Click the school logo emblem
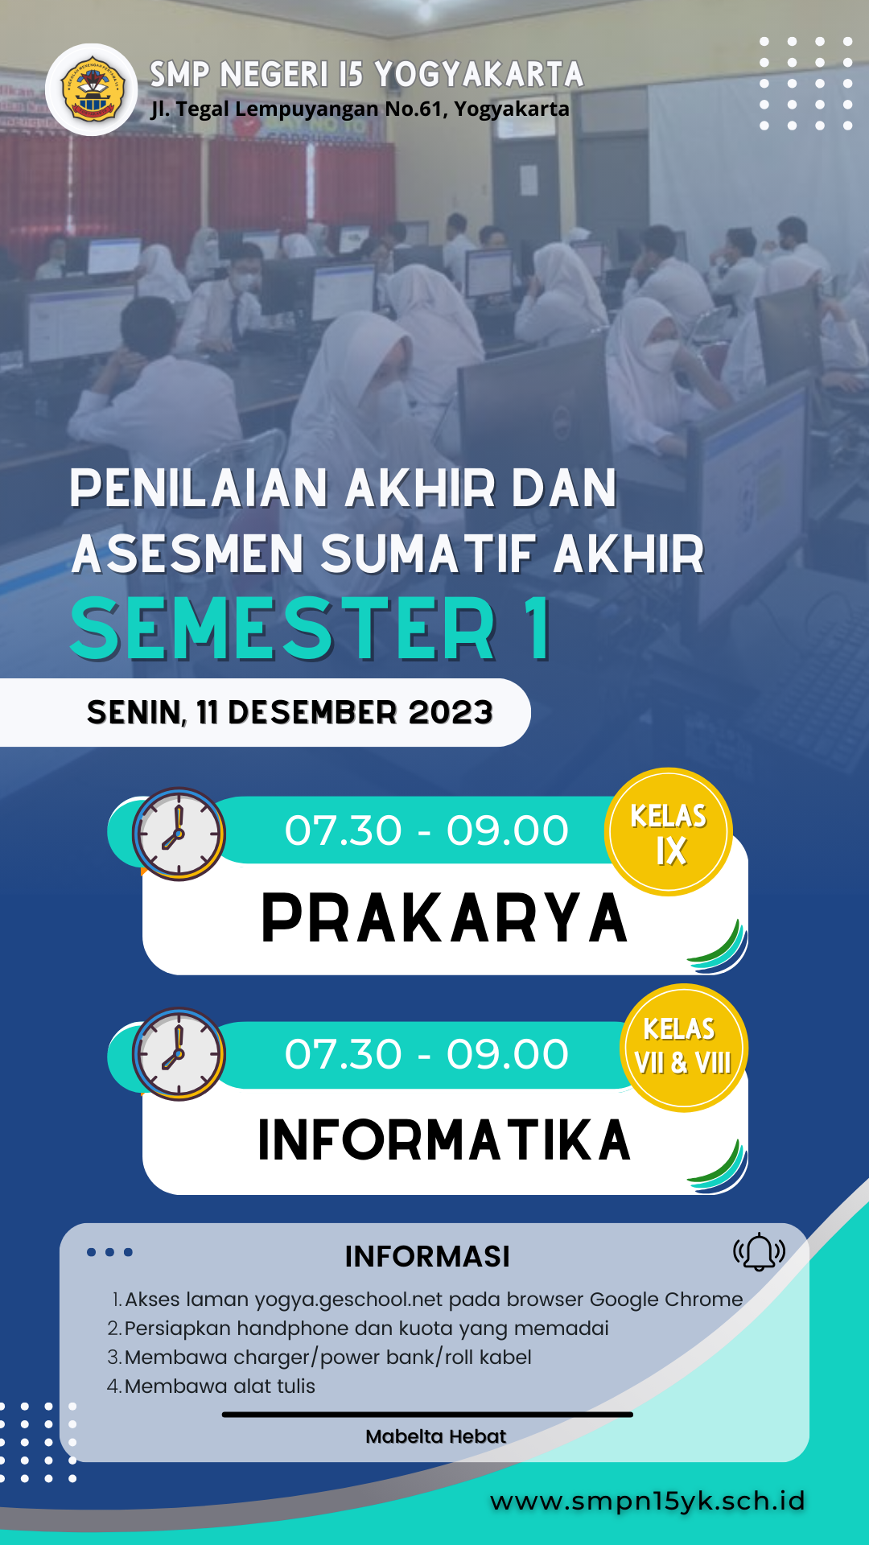pos(92,89)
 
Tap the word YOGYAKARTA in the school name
pos(479,74)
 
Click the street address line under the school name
pos(360,109)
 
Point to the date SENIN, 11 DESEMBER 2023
pos(290,712)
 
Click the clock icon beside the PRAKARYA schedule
pos(179,834)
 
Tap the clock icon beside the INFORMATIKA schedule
pos(179,1054)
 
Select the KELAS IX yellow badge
pos(669,832)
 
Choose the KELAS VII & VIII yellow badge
pos(684,1048)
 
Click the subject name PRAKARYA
pos(444,918)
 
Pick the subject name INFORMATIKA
pos(444,1139)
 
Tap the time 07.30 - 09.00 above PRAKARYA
pos(426,830)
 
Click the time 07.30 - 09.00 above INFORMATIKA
pos(426,1054)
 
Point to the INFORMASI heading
pos(427,1256)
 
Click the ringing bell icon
pos(759,1252)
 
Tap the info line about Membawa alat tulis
pos(211,1386)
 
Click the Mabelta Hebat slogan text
pos(435,1436)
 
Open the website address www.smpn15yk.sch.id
pos(648,1501)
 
